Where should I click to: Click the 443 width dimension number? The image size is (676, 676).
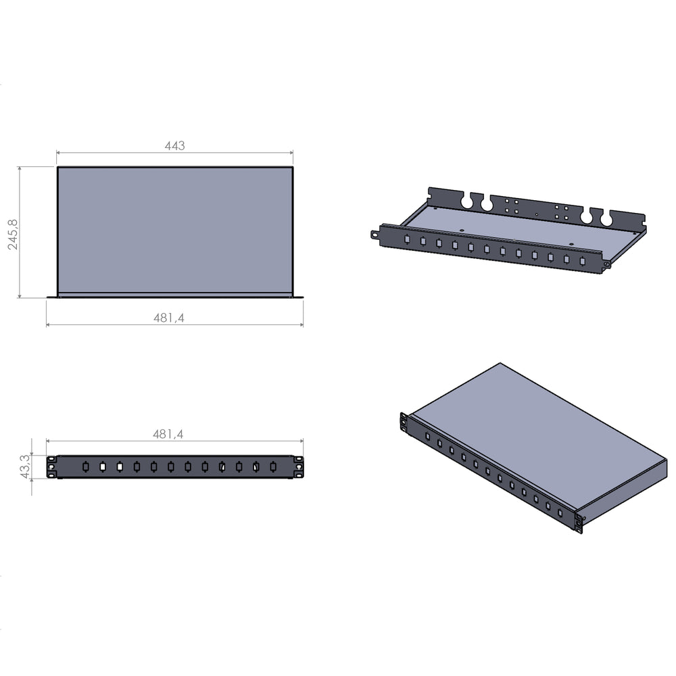pos(174,145)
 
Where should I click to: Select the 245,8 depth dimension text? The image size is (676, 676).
pos(13,234)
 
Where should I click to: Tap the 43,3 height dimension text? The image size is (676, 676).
pos(25,466)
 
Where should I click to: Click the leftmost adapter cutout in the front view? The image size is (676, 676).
pos(85,466)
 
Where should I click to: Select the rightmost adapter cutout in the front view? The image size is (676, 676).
pos(273,466)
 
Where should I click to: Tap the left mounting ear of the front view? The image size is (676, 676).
pos(51,467)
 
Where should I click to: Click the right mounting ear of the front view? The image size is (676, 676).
pos(298,467)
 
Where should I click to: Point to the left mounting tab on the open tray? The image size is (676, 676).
pos(375,235)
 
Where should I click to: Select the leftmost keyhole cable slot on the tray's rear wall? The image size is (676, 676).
pos(466,201)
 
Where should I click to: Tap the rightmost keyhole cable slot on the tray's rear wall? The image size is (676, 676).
pos(606,218)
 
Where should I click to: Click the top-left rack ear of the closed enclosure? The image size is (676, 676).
pos(404,422)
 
